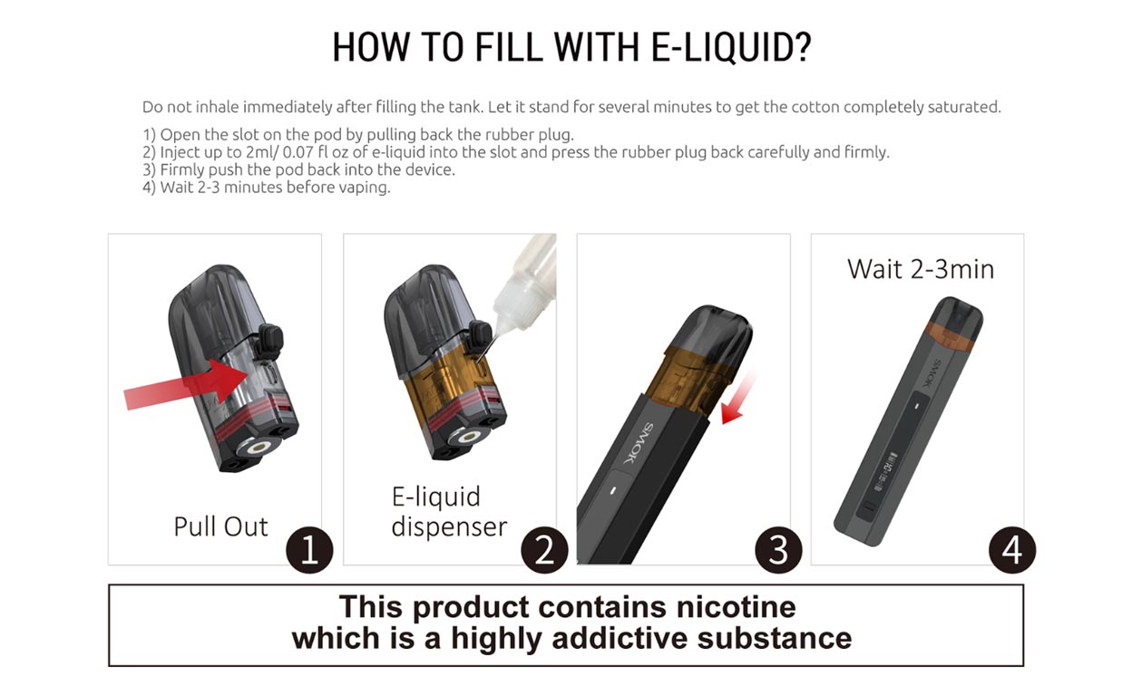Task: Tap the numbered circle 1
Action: click(x=309, y=551)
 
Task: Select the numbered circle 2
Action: click(x=544, y=551)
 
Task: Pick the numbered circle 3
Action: click(x=778, y=551)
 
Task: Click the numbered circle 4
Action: click(x=1012, y=551)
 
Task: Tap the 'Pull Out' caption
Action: click(x=220, y=526)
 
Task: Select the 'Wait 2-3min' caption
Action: click(x=920, y=269)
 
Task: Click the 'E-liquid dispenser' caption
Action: click(x=449, y=512)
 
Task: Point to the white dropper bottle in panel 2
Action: click(x=526, y=281)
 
